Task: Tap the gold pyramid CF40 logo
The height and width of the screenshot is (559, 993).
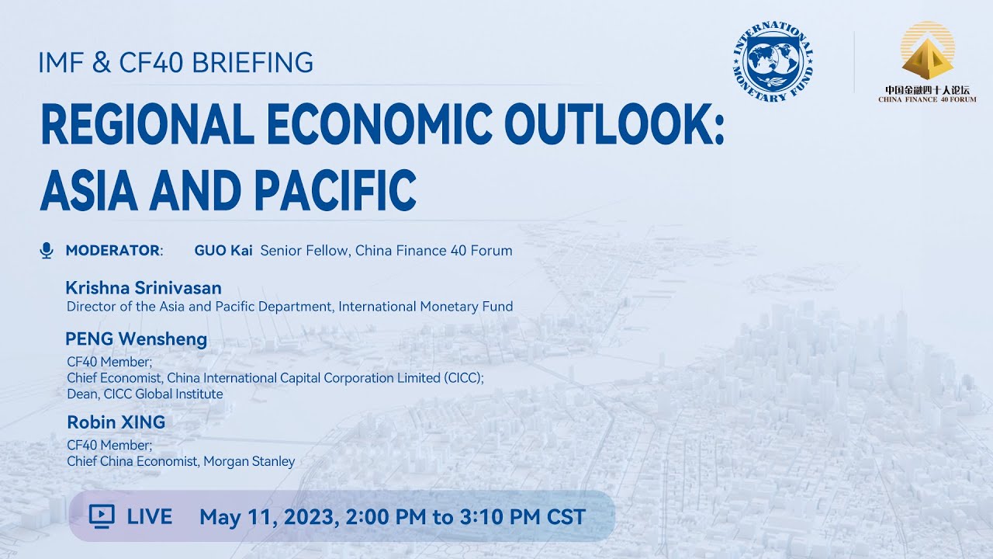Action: point(927,54)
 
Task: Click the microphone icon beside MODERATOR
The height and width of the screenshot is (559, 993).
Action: point(47,250)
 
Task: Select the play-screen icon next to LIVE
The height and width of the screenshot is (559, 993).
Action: point(102,516)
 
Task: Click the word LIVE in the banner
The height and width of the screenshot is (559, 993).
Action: point(150,516)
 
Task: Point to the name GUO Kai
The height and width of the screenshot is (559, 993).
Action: point(224,250)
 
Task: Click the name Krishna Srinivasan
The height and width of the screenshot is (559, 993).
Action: point(144,289)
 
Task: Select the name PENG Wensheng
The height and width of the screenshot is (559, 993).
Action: point(137,339)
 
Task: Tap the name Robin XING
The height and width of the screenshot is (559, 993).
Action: point(116,422)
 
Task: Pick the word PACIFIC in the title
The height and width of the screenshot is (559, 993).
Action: point(335,190)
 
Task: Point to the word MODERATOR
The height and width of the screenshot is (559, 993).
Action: point(112,250)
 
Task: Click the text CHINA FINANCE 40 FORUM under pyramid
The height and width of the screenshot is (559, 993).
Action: point(927,99)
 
